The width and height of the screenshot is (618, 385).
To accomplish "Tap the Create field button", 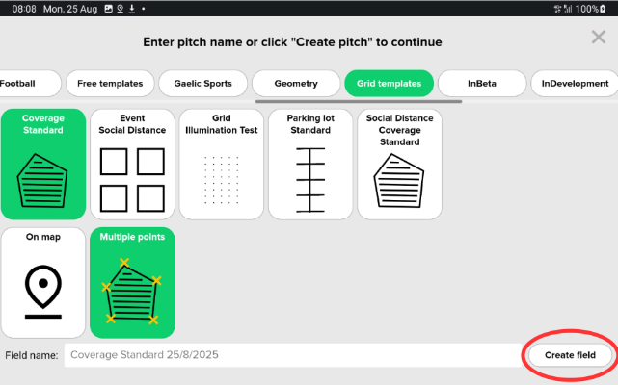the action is pyautogui.click(x=570, y=355).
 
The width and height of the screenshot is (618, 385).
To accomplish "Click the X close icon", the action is pyautogui.click(x=599, y=38).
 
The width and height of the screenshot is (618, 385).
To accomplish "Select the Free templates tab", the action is pyautogui.click(x=110, y=84).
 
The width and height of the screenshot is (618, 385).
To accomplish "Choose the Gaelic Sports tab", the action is pyautogui.click(x=203, y=84).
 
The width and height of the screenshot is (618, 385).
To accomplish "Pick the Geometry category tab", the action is pyautogui.click(x=296, y=84).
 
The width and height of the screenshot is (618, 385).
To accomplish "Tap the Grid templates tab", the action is pyautogui.click(x=389, y=84).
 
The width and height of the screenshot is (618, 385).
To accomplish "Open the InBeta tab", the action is pyautogui.click(x=482, y=84).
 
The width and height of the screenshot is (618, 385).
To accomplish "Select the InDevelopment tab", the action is pyautogui.click(x=575, y=84).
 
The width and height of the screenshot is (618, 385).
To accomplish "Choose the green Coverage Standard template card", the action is pyautogui.click(x=43, y=165).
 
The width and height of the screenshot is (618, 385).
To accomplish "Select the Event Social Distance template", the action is pyautogui.click(x=132, y=165).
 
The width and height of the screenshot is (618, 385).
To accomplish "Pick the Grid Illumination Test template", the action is pyautogui.click(x=222, y=165).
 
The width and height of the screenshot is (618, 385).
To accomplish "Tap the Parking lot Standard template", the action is pyautogui.click(x=310, y=165).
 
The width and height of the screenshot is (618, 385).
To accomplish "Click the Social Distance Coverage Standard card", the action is pyautogui.click(x=400, y=165).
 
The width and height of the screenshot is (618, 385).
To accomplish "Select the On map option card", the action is pyautogui.click(x=43, y=283).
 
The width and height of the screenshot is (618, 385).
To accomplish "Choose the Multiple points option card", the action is pyautogui.click(x=132, y=283).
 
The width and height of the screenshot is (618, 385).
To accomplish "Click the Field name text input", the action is pyautogui.click(x=293, y=355).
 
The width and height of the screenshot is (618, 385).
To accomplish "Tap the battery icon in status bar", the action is pyautogui.click(x=603, y=9).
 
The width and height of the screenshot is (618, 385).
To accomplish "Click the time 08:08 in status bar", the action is pyautogui.click(x=24, y=9).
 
